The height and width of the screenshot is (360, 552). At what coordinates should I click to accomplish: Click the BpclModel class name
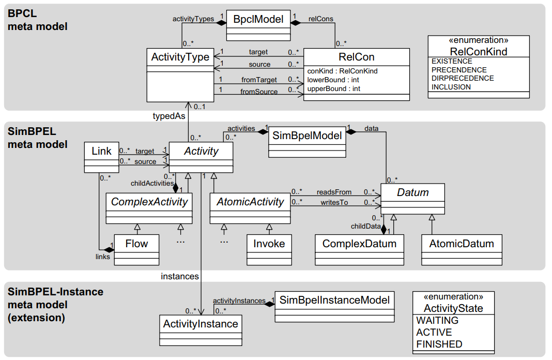tap(258, 19)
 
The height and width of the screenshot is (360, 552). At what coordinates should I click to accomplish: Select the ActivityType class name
tap(180, 57)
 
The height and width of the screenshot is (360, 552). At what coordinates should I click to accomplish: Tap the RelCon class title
tap(356, 57)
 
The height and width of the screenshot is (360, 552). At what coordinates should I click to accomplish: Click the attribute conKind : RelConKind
tap(342, 71)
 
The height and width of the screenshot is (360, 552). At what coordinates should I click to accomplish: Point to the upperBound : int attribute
tap(334, 88)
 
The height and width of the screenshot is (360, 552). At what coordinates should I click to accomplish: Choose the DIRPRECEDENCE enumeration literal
tap(463, 78)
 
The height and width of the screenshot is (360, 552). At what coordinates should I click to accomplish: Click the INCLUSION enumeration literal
tap(451, 87)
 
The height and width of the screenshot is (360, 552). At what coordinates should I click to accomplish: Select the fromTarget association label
tap(259, 80)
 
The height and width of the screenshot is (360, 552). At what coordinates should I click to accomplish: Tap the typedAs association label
tap(168, 116)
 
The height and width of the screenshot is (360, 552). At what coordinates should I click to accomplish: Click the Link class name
tap(101, 151)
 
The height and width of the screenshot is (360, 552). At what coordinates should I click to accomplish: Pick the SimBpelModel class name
tap(307, 136)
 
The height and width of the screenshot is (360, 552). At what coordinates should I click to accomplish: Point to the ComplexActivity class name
tap(149, 202)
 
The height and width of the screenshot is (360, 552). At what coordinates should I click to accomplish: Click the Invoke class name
tap(269, 243)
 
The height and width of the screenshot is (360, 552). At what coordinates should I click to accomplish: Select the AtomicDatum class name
tap(462, 243)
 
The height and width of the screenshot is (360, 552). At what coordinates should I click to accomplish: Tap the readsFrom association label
tap(334, 192)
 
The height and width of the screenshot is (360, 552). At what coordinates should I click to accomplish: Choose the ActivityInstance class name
tap(201, 324)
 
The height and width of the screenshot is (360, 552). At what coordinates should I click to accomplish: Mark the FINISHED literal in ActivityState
tap(439, 344)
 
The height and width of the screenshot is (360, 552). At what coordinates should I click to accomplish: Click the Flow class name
tap(136, 243)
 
